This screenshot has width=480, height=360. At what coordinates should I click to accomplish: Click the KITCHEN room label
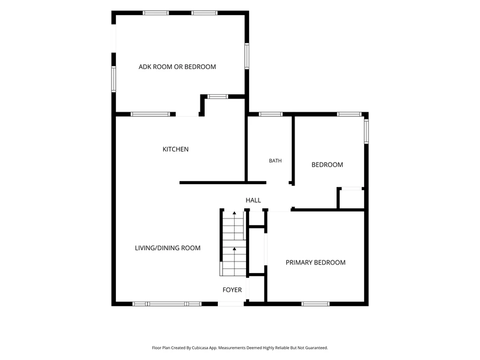click(175, 149)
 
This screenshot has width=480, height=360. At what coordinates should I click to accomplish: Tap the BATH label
click(275, 161)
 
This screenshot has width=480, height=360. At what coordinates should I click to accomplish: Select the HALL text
click(253, 200)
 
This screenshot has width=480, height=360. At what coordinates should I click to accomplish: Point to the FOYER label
click(232, 290)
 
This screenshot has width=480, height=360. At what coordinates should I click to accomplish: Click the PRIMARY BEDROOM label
click(316, 263)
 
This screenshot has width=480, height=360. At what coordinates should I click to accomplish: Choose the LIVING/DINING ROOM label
click(168, 248)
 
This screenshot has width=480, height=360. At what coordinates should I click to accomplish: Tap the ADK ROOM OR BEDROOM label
click(177, 67)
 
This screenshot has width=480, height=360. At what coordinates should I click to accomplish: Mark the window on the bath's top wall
click(271, 114)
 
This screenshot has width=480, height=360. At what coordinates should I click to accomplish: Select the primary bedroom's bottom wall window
click(316, 304)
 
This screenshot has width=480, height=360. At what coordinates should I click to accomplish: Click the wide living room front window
click(167, 304)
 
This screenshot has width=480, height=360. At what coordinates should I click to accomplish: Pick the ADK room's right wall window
click(247, 56)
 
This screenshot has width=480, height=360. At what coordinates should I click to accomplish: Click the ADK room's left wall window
click(113, 79)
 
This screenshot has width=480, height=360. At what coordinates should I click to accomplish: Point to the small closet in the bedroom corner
click(352, 199)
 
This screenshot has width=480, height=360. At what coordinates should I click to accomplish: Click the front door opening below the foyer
click(231, 304)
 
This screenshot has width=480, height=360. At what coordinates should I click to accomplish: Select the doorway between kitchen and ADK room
click(187, 115)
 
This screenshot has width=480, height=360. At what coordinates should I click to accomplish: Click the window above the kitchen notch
click(218, 97)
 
